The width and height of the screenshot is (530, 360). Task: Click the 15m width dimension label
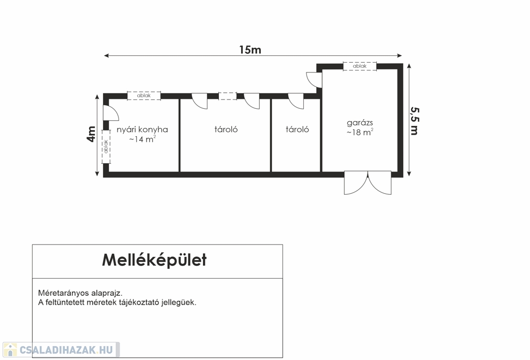[250, 50]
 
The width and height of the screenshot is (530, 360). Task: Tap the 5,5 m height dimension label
[414, 120]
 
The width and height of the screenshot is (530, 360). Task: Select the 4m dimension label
[91, 134]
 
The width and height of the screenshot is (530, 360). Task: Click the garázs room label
[360, 123]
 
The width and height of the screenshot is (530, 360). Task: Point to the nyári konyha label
[142, 129]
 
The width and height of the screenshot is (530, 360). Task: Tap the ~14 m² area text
[142, 139]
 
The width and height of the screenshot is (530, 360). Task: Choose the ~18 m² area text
[360, 133]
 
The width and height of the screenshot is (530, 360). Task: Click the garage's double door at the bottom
[368, 182]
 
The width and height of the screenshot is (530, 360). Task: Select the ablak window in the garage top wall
[360, 66]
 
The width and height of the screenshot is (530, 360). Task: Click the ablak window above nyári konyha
[144, 96]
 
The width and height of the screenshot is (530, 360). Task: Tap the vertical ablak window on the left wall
[106, 147]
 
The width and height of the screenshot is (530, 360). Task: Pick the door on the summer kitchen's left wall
[110, 113]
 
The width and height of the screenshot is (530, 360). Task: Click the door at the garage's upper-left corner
[314, 79]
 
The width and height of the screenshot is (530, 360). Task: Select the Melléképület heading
[154, 260]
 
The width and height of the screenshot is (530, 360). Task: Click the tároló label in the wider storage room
[226, 129]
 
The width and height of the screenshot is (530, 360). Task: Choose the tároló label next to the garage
[297, 129]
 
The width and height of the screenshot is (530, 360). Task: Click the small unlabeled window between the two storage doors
[227, 96]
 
